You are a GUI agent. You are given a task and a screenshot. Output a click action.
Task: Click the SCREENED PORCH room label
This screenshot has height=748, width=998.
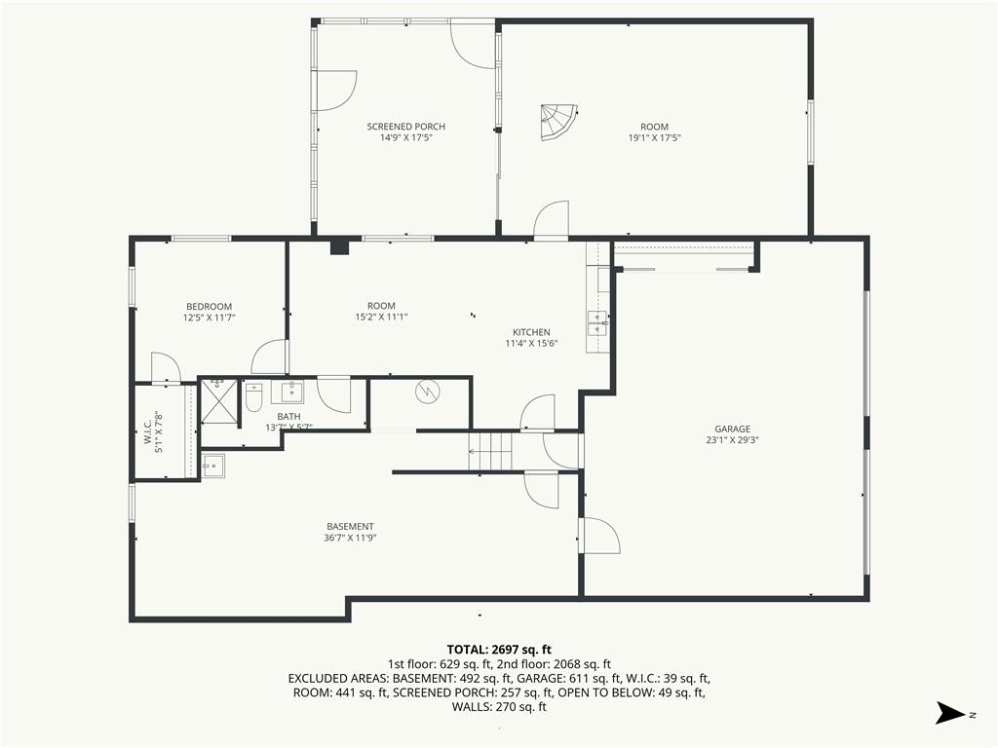(406, 127)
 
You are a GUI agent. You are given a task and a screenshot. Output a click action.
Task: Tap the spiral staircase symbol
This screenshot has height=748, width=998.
(558, 122)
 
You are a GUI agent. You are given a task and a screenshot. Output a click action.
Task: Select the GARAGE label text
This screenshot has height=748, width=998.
(732, 429)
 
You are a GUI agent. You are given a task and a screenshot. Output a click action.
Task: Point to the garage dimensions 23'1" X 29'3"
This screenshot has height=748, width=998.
(732, 439)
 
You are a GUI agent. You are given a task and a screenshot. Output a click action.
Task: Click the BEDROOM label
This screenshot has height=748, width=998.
(209, 307)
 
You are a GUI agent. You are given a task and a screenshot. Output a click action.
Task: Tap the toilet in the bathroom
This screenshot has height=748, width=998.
(254, 397)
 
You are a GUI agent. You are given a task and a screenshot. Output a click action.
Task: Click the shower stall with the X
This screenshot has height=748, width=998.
(219, 400)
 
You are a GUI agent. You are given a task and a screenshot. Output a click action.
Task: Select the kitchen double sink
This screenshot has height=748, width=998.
(597, 323)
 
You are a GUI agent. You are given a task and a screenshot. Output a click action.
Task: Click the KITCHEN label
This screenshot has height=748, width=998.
(531, 332)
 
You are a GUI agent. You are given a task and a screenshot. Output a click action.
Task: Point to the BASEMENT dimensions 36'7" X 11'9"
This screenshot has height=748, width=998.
(350, 538)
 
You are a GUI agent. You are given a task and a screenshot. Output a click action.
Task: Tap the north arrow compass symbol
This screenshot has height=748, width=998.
(950, 712)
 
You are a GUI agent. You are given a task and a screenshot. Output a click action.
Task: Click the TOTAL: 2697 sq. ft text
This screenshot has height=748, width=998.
(499, 650)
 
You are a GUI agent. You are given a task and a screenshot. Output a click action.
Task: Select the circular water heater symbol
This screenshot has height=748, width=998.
(427, 392)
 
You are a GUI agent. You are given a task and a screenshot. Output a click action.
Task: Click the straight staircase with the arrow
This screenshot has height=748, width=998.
(490, 452)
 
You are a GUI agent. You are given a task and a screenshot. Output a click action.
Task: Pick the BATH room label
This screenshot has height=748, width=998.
(288, 417)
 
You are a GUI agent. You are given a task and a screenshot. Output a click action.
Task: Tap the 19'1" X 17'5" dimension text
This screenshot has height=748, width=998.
(654, 137)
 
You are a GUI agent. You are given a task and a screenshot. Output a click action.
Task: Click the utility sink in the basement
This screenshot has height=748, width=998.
(213, 465)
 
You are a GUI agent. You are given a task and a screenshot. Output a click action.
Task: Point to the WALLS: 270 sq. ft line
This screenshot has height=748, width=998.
(499, 707)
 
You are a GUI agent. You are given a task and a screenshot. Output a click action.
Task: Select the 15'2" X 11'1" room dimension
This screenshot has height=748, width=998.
(381, 317)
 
